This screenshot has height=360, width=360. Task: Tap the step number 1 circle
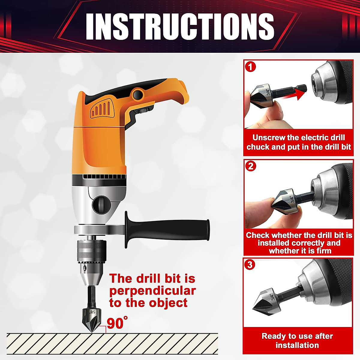pos(250,66)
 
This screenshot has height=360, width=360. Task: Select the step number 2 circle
pos(250,166)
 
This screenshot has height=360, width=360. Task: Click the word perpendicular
pos(152,291)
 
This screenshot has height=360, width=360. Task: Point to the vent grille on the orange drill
pos(102,109)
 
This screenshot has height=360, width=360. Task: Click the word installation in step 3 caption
pos(297,345)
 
